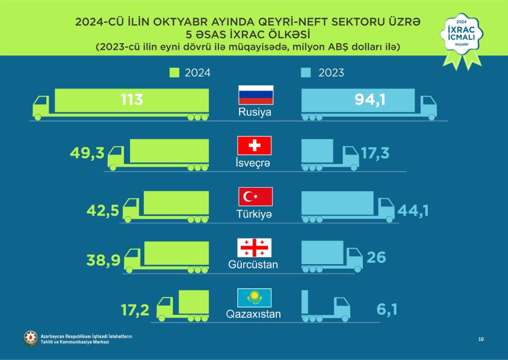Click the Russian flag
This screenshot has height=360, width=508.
[256, 95]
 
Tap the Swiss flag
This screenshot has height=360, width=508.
[255, 146]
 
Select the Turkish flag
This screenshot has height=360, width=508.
[256, 196]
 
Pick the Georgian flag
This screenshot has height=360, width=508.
[255, 247]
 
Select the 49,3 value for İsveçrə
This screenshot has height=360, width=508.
[88, 153]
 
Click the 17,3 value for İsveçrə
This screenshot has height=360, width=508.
[375, 153]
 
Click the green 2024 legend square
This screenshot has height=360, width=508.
[174, 73]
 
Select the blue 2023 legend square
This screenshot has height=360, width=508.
[306, 73]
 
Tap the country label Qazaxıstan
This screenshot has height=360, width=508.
[253, 314]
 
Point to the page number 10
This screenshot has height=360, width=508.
[480, 339]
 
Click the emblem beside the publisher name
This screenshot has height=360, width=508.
[30, 338]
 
